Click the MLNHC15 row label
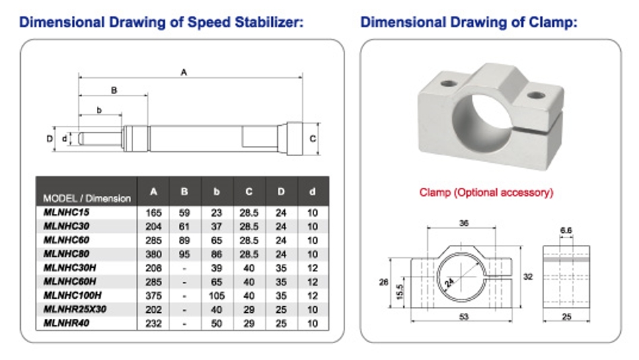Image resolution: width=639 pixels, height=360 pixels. [66, 213]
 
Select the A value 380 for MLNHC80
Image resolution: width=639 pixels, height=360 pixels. [153, 254]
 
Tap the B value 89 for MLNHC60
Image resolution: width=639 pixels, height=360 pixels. [184, 240]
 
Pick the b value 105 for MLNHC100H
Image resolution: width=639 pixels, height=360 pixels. [217, 296]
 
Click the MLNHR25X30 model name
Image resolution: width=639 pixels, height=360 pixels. [75, 310]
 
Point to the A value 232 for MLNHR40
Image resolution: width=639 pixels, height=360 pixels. [153, 324]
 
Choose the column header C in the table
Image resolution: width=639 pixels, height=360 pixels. [249, 192]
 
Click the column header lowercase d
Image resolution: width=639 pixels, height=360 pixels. [312, 192]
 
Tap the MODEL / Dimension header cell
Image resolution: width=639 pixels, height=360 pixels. [87, 199]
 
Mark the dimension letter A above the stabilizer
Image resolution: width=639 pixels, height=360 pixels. [184, 72]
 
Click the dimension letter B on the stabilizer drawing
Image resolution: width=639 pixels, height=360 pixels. [114, 90]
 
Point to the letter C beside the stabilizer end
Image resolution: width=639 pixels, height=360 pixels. [313, 139]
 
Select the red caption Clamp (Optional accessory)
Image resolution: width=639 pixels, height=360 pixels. [486, 192]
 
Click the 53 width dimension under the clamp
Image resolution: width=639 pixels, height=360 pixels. [463, 316]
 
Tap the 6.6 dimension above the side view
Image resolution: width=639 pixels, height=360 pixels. [566, 230]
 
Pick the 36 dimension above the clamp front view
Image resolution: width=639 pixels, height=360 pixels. [463, 223]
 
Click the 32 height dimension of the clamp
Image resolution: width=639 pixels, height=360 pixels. [528, 277]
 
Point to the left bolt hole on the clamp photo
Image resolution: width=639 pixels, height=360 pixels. [448, 83]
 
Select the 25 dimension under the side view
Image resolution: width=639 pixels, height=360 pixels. [566, 316]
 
